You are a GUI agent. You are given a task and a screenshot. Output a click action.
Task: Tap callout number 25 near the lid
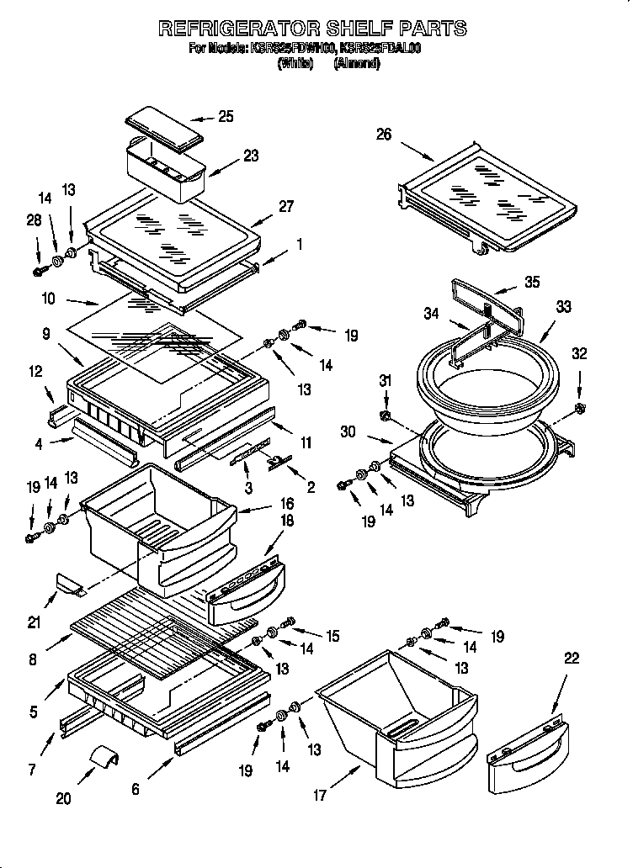pos(226,117)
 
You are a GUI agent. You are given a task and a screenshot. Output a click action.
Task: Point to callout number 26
pos(384,134)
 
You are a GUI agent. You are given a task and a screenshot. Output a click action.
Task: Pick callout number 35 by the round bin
pos(531,283)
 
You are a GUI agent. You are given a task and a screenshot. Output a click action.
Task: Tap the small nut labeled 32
pos(579,409)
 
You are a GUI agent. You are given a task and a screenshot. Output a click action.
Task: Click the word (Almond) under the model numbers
pos(357,63)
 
